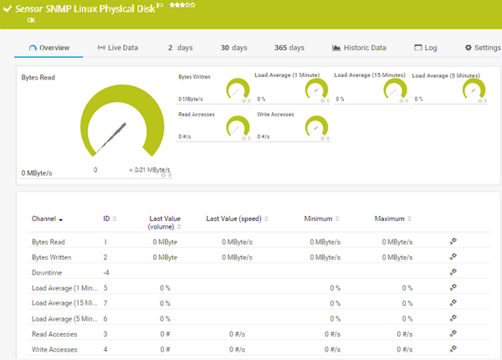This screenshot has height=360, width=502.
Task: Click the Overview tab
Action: (49, 48)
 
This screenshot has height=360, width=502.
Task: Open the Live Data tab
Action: (118, 48)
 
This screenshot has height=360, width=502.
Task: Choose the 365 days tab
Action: (289, 48)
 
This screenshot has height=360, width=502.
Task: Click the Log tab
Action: (426, 48)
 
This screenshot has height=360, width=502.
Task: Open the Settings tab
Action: (482, 48)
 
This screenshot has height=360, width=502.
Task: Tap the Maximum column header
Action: (390, 219)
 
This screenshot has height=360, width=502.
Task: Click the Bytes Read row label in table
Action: (49, 241)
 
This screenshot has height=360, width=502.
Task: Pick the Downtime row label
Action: (49, 272)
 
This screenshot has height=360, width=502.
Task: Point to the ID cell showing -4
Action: (106, 272)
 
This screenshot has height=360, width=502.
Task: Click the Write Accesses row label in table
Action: (54, 348)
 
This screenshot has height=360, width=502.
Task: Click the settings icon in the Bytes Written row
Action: (453, 256)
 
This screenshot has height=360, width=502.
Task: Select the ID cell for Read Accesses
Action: (105, 333)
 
